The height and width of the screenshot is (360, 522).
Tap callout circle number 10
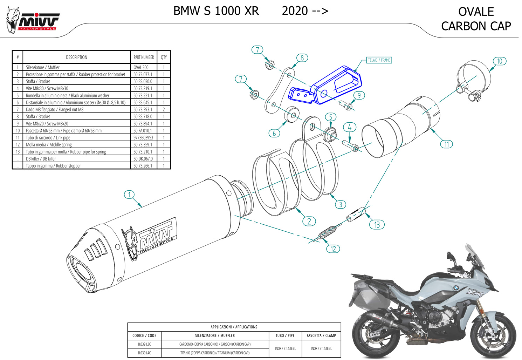(500, 61)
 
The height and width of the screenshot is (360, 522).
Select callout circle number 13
(377, 224)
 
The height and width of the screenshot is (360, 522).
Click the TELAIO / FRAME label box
(379, 60)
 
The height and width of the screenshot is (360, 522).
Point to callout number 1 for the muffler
(129, 195)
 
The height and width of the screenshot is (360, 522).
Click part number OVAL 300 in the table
(141, 67)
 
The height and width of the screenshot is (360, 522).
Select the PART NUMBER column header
(144, 57)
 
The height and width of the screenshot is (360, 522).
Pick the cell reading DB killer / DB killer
(41, 159)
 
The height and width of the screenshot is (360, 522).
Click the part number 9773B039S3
(143, 138)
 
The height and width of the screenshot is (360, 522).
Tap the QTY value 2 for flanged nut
(164, 109)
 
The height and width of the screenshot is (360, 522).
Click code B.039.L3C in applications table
(144, 344)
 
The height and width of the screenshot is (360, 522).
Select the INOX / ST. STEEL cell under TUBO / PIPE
(285, 348)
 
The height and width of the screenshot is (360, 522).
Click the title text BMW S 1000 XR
(216, 11)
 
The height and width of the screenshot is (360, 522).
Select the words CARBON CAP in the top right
(476, 26)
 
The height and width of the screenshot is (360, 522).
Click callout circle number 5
(330, 117)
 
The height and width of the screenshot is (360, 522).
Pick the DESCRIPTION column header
(76, 57)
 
